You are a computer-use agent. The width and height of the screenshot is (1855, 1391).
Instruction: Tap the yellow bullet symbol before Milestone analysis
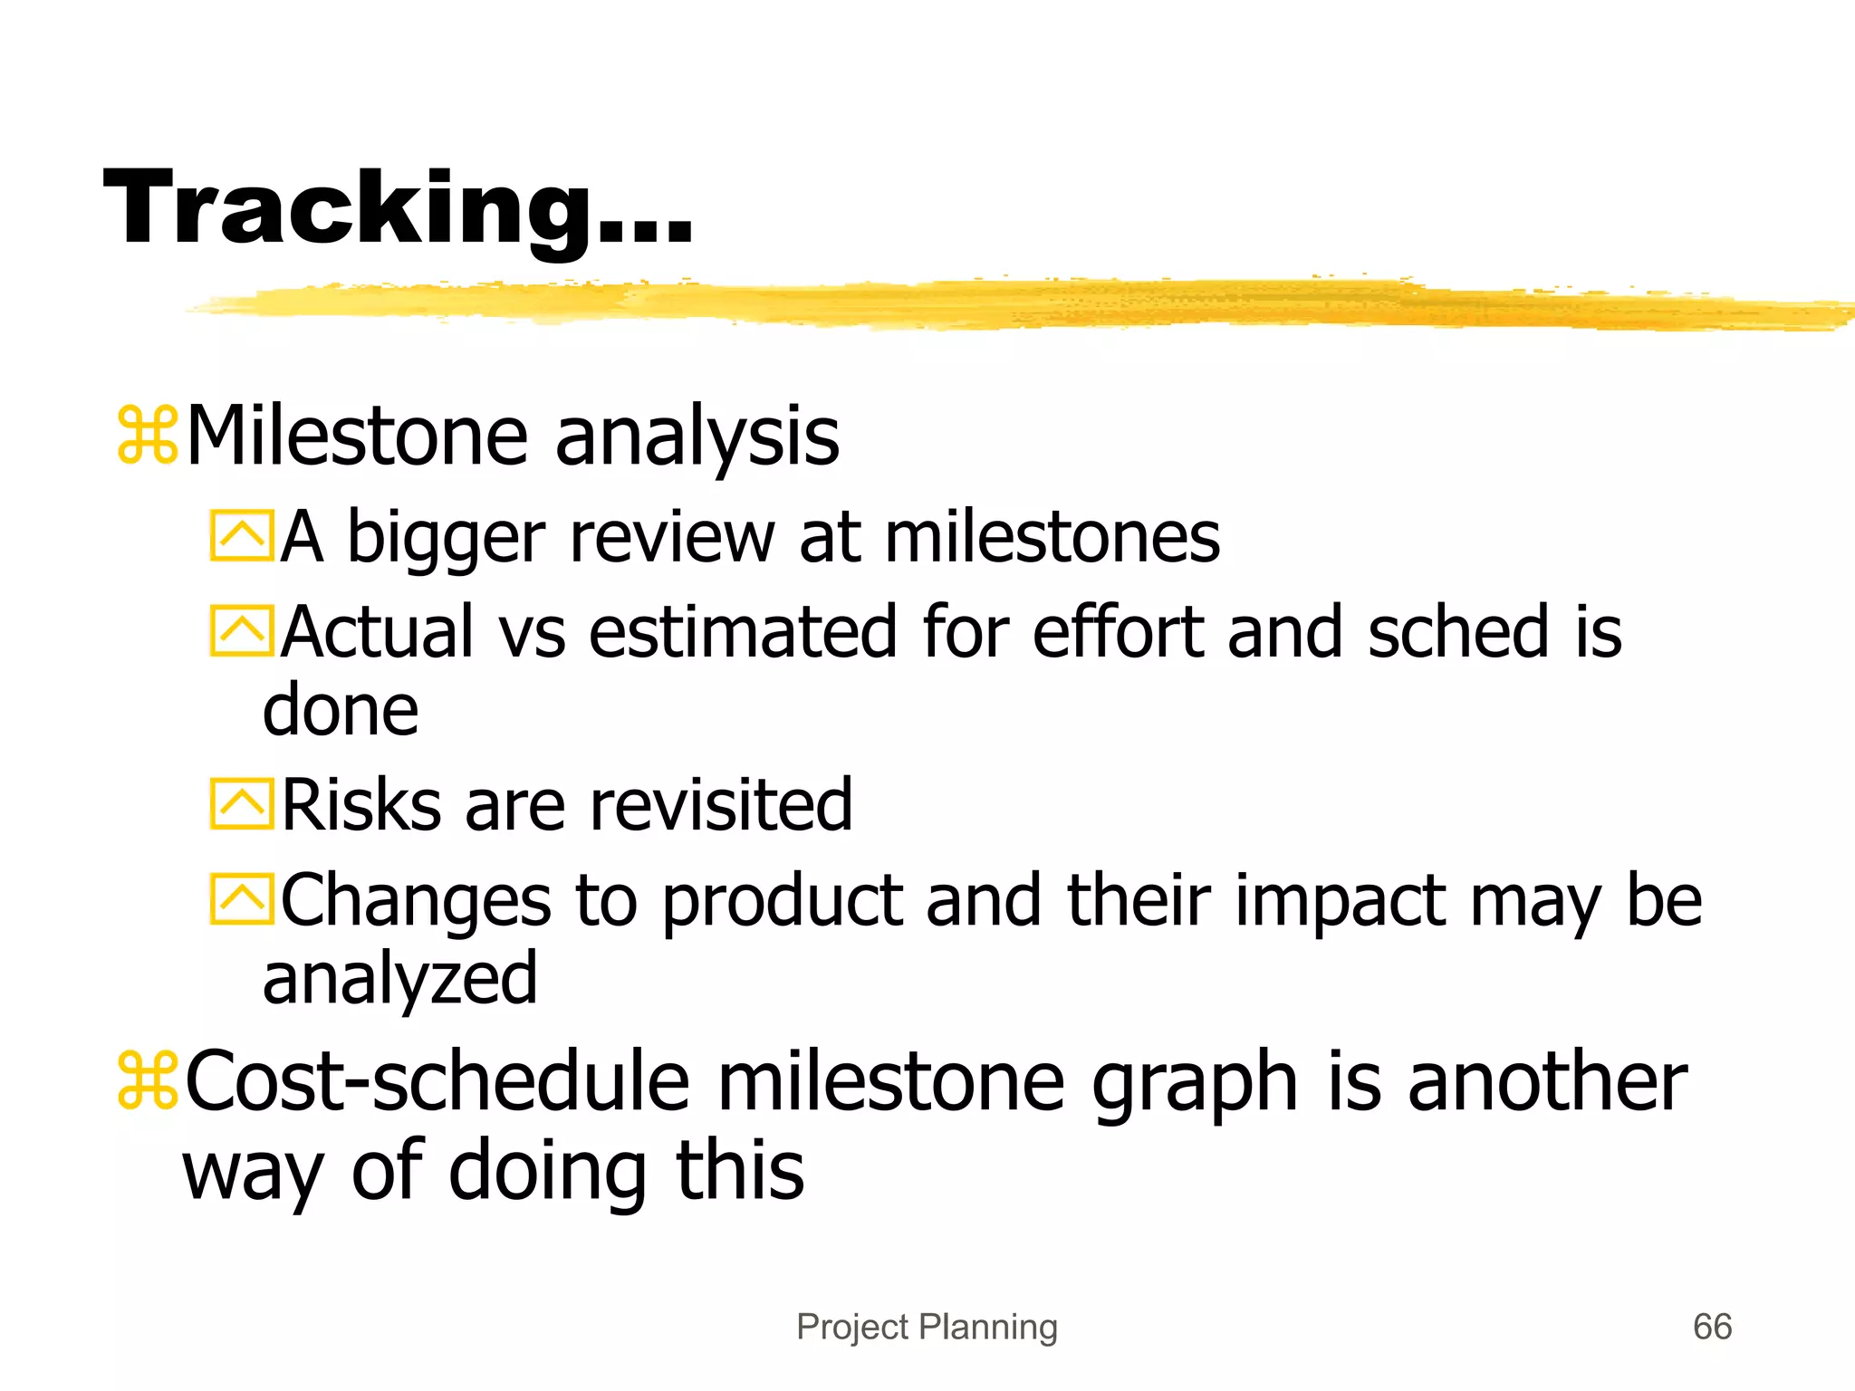[x=147, y=437]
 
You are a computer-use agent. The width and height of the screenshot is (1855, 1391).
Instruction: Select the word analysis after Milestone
[x=697, y=439]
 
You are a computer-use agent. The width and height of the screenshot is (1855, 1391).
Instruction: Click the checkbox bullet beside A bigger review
[x=241, y=536]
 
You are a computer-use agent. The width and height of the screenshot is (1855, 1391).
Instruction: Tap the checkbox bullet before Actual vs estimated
[x=241, y=630]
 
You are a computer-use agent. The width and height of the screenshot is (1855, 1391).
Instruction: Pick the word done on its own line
[x=341, y=710]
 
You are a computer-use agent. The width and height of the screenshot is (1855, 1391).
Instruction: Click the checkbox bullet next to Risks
[x=241, y=803]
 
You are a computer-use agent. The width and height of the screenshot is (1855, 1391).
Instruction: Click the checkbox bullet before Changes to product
[x=241, y=898]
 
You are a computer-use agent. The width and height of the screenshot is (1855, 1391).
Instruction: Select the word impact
[x=1341, y=903]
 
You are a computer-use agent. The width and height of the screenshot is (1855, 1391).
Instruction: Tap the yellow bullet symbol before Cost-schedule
[x=147, y=1081]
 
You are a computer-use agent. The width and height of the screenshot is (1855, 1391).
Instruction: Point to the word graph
[x=1196, y=1085]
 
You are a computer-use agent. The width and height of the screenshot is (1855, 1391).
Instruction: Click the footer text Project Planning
[x=927, y=1327]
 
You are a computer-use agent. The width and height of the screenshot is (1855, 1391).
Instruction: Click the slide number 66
[x=1712, y=1327]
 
